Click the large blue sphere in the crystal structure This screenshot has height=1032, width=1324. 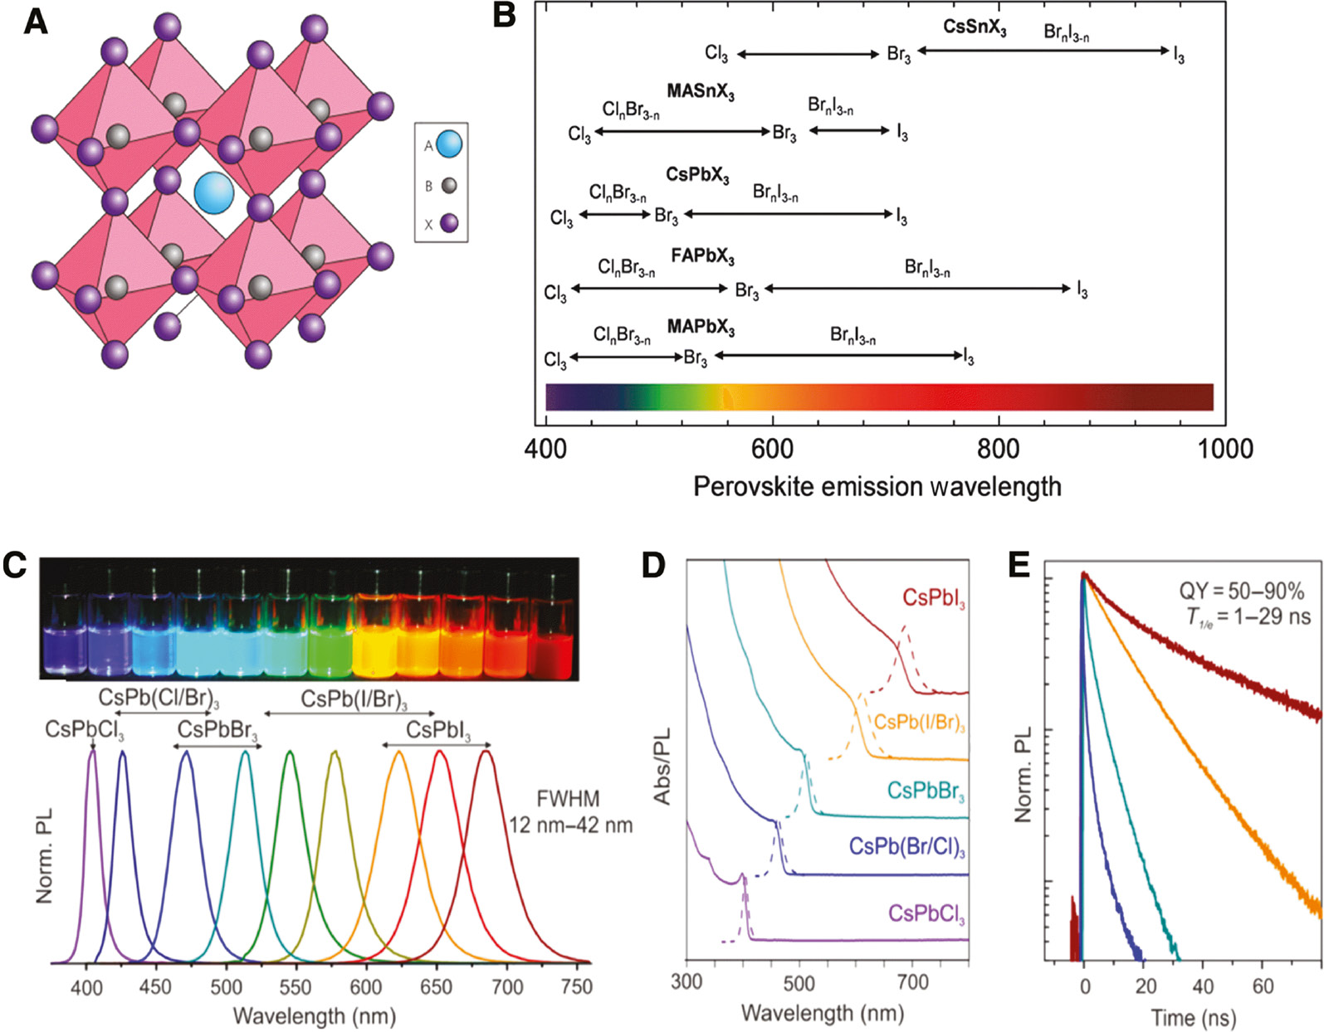point(213,192)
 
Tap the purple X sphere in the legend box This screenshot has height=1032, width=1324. point(449,223)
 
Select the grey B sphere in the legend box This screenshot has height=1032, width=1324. point(449,186)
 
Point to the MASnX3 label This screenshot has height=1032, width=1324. point(700,92)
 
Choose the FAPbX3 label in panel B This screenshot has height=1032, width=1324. point(702,256)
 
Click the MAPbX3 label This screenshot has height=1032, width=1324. point(701,328)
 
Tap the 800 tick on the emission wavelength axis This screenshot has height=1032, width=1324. point(998,449)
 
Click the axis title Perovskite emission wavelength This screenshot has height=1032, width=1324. point(877,486)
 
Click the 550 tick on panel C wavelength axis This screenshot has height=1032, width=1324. point(295,986)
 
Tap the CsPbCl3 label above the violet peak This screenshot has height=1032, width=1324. point(85,730)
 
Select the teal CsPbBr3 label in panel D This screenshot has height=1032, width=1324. point(925,791)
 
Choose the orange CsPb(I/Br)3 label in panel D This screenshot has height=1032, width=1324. point(919,723)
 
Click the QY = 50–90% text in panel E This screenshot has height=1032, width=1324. point(1241,591)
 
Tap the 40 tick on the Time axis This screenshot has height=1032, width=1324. point(1202,986)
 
